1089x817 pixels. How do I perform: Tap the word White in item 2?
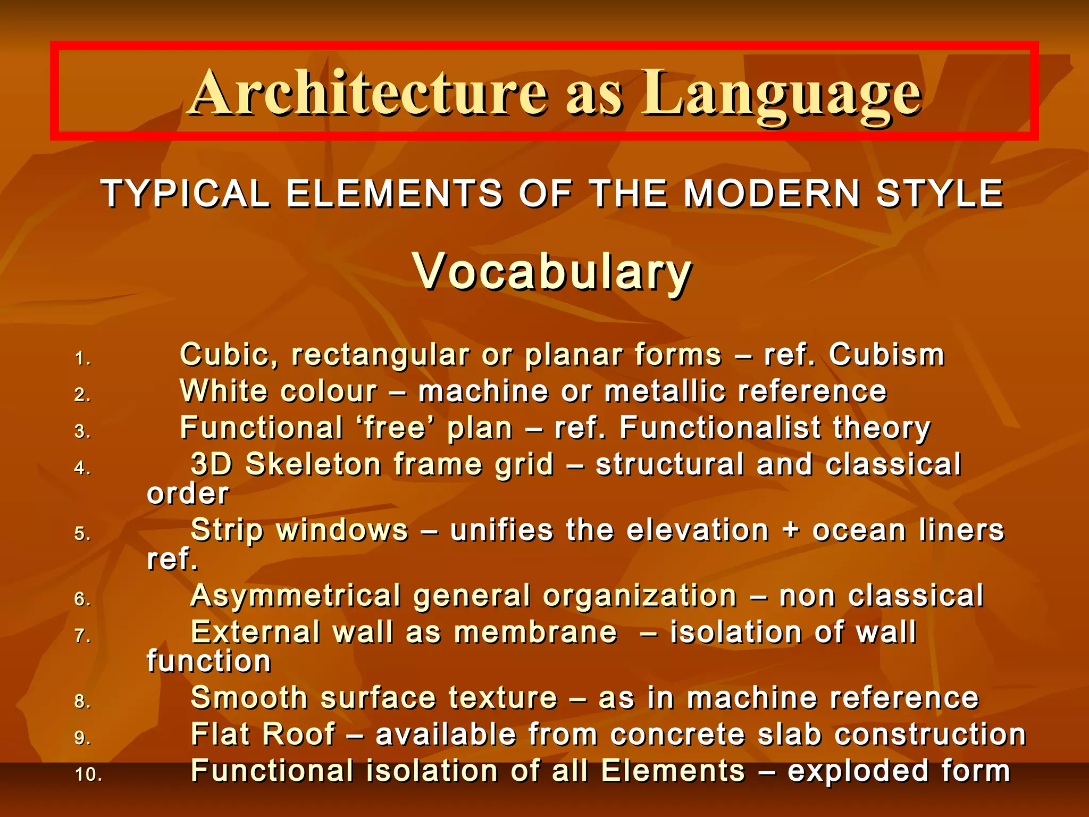(x=223, y=391)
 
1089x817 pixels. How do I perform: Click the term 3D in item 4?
(x=212, y=464)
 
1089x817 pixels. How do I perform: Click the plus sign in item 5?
(x=791, y=531)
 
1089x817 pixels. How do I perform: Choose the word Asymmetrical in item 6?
(x=296, y=596)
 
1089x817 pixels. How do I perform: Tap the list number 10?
(x=88, y=774)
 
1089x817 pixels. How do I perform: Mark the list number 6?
(x=82, y=599)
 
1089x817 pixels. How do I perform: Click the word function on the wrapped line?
(x=209, y=662)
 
